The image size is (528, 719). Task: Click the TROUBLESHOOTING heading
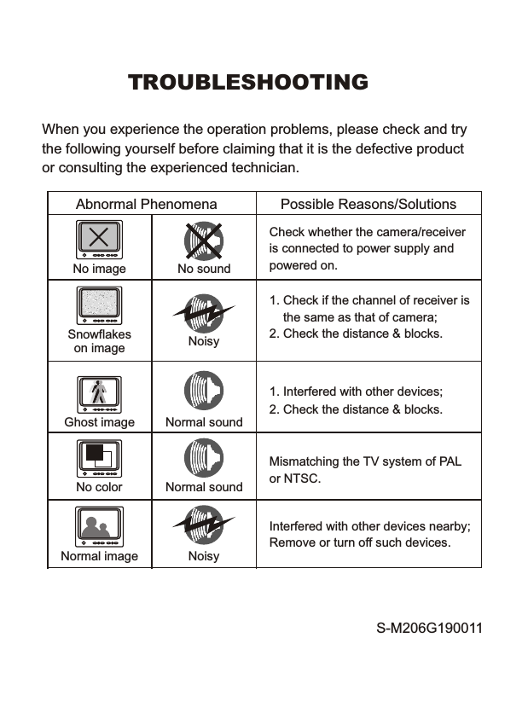(247, 83)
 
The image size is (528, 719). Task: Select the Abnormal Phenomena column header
(146, 204)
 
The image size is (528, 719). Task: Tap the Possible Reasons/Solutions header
(368, 204)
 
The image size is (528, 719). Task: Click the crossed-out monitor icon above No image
(99, 239)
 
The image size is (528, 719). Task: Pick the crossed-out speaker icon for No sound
(204, 240)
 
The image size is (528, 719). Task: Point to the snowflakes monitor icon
(99, 305)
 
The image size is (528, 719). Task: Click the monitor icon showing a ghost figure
(99, 392)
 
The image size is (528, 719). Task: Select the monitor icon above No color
(99, 459)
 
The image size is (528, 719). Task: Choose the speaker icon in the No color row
(204, 459)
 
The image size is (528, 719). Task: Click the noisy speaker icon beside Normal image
(204, 526)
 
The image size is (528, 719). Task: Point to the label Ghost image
(99, 422)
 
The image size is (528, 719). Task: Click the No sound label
(204, 269)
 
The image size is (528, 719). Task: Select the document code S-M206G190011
(429, 629)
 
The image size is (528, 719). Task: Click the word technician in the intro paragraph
(260, 167)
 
